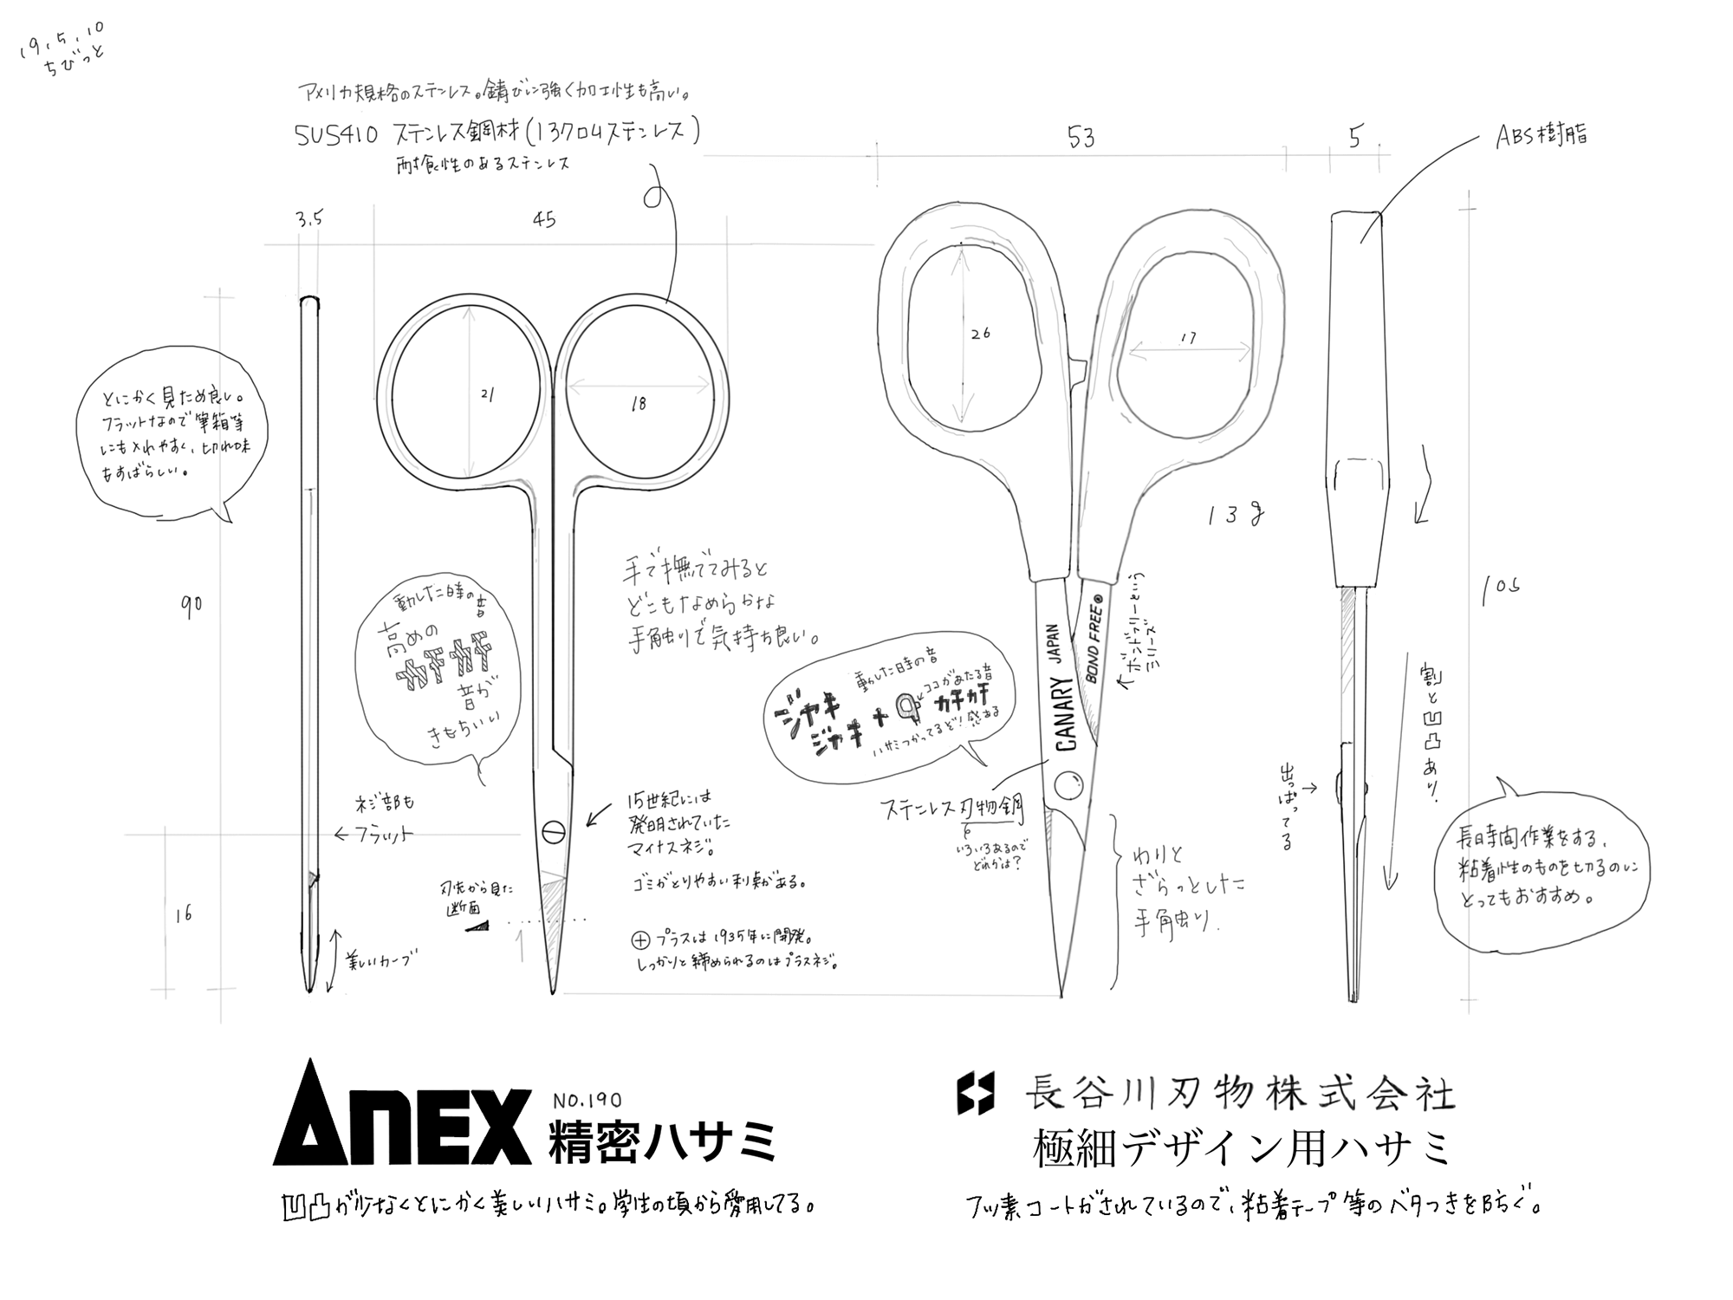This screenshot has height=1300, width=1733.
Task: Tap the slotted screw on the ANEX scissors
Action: [553, 833]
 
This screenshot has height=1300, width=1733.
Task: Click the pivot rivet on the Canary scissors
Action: [1068, 786]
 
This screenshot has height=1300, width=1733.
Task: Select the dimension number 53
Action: [1081, 137]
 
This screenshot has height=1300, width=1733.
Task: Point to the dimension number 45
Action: [543, 220]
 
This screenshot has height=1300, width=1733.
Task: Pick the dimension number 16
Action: [183, 914]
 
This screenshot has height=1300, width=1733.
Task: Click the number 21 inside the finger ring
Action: [487, 394]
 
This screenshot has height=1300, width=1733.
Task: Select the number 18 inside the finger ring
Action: [639, 403]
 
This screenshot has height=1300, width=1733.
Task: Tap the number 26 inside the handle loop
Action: [980, 333]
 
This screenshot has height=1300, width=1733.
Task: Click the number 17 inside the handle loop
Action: [1187, 338]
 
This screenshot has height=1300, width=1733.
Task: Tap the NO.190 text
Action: [587, 1101]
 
